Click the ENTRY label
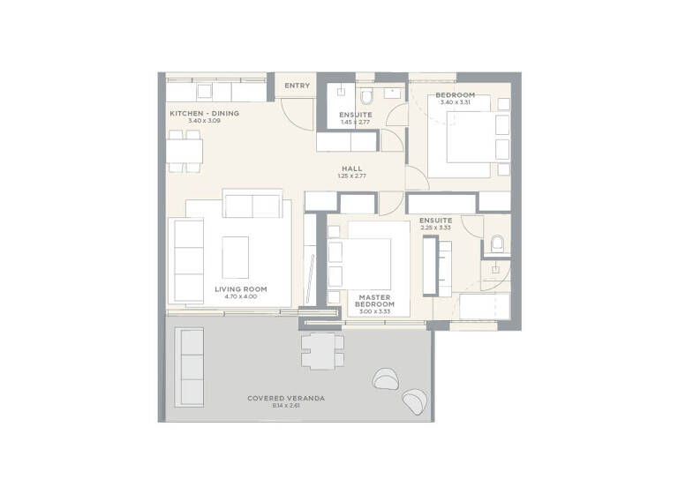coord(298,86)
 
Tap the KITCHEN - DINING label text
coord(204,113)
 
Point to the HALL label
coord(351,168)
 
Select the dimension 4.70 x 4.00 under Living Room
coord(240,297)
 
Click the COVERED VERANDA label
coord(285,398)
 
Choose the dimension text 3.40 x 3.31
coord(455,102)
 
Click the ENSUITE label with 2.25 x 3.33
coord(435,220)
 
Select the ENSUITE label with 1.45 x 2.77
coord(356,115)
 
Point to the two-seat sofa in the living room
coord(254,205)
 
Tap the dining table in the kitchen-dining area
coord(184,152)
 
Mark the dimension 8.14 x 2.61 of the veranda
coord(285,406)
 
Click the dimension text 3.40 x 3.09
coord(190,121)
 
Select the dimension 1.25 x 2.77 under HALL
coord(351,176)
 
